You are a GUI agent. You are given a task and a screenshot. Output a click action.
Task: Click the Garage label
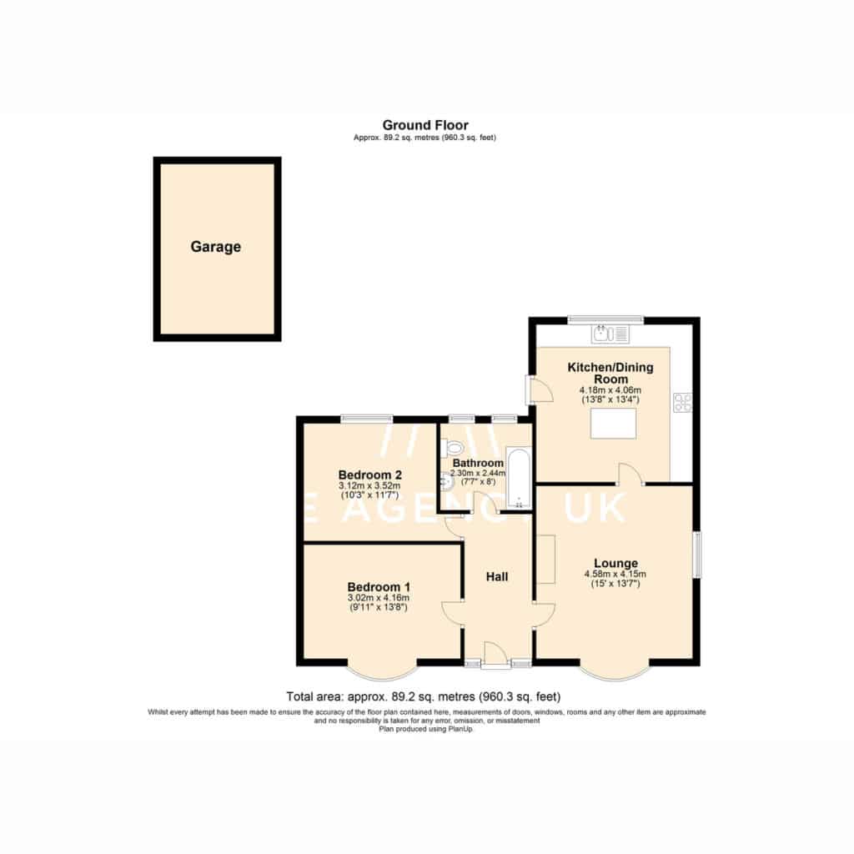pyautogui.click(x=216, y=247)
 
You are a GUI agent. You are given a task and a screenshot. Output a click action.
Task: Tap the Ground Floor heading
pyautogui.click(x=425, y=125)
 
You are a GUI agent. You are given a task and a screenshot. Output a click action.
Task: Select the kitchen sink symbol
pyautogui.click(x=610, y=334)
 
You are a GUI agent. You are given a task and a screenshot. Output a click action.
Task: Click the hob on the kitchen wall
pyautogui.click(x=682, y=403)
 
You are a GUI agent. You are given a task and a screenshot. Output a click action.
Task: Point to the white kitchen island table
pyautogui.click(x=613, y=423)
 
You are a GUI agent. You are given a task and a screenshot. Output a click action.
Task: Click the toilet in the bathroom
pyautogui.click(x=451, y=448)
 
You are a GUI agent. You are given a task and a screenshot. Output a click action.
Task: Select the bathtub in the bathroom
pyautogui.click(x=519, y=479)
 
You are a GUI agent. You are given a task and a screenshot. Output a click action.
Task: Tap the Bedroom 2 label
pyautogui.click(x=369, y=475)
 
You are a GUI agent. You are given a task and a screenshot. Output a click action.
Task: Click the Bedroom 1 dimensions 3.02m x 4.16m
pyautogui.click(x=379, y=598)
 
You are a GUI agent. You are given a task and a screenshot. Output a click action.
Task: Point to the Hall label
pyautogui.click(x=497, y=577)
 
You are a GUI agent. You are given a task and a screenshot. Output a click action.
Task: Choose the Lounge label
pyautogui.click(x=615, y=563)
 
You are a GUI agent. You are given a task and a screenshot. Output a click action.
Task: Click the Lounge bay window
pyautogui.click(x=615, y=674)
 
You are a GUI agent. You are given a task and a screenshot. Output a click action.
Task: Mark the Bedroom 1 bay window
pyautogui.click(x=382, y=674)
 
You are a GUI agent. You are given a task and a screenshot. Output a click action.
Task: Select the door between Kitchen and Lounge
pyautogui.click(x=631, y=474)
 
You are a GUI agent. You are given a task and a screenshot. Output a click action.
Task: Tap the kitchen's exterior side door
pyautogui.click(x=540, y=389)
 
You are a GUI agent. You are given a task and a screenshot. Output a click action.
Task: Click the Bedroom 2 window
pyautogui.click(x=367, y=419)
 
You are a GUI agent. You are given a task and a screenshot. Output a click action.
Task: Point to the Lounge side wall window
pyautogui.click(x=696, y=555)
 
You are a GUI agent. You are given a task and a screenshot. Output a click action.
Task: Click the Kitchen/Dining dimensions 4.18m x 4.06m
pyautogui.click(x=610, y=390)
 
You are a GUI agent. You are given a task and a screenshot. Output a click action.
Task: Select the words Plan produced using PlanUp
pyautogui.click(x=426, y=729)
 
